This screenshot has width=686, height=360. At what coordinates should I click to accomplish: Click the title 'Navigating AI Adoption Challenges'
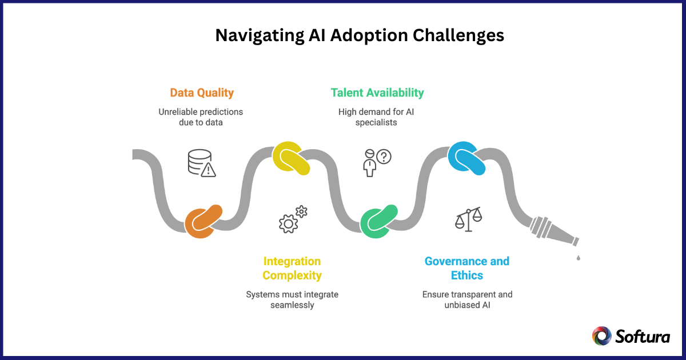360,35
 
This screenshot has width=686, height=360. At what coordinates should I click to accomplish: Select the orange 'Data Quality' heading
201,93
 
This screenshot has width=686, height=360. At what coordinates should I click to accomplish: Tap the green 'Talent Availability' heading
377,93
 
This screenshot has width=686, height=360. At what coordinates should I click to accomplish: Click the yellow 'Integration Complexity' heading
292,268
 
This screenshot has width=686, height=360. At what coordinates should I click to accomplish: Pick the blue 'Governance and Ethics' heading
466,268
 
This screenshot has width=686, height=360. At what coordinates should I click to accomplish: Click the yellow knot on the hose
291,158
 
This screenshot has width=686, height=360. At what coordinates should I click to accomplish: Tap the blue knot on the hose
466,158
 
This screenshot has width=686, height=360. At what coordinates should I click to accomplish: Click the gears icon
292,219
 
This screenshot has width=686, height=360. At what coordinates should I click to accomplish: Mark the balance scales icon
468,219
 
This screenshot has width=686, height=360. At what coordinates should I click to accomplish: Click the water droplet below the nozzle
579,258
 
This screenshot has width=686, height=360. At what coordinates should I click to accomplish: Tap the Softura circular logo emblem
601,336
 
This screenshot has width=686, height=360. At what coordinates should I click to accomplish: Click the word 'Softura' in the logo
643,337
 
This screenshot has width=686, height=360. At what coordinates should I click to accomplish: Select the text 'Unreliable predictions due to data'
201,117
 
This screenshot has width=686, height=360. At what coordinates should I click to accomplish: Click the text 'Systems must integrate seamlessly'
292,299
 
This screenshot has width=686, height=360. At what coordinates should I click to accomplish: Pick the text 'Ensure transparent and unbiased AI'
467,299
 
